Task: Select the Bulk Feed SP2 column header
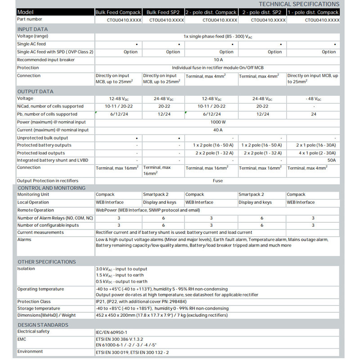pyautogui.click(x=163, y=12)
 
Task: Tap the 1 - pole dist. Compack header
pyautogui.click(x=313, y=12)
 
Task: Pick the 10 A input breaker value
pyautogui.click(x=218, y=60)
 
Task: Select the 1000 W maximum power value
pyautogui.click(x=218, y=122)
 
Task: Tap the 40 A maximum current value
pyautogui.click(x=218, y=130)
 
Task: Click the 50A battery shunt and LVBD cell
pyautogui.click(x=332, y=160)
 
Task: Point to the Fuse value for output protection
pyautogui.click(x=218, y=181)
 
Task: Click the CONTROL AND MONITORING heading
pyautogui.click(x=51, y=188)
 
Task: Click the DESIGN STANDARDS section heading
pyautogui.click(x=43, y=325)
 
